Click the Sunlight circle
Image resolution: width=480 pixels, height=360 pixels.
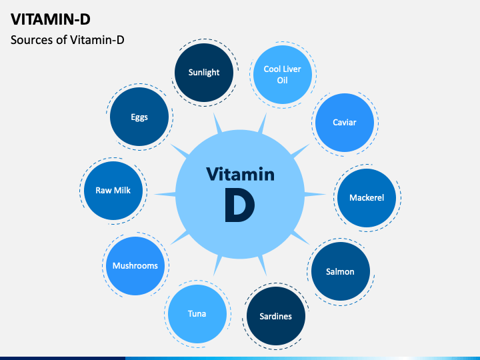click(204, 73)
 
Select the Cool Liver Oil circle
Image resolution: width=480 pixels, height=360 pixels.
click(283, 75)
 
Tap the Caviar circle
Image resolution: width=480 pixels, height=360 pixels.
click(345, 123)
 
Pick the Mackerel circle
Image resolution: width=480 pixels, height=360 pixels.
click(367, 198)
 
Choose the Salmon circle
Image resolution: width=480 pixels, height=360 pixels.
click(341, 271)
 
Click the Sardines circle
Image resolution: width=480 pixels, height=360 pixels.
click(276, 316)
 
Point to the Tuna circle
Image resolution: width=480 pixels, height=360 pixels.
click(197, 314)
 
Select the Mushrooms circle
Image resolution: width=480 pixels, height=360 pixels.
click(135, 266)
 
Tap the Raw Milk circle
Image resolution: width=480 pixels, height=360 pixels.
click(113, 191)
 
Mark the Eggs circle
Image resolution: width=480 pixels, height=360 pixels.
click(139, 117)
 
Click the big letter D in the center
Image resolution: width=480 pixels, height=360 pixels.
click(240, 205)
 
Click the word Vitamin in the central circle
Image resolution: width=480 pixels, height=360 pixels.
click(240, 174)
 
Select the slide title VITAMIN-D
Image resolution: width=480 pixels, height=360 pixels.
click(51, 19)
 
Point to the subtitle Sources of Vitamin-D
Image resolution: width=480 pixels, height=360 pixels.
click(67, 40)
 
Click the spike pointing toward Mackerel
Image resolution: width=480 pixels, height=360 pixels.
click(315, 194)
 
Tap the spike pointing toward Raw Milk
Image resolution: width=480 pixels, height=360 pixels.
click(165, 194)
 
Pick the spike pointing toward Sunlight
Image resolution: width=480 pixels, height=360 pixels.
click(217, 123)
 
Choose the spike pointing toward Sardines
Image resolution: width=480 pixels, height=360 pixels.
click(263, 265)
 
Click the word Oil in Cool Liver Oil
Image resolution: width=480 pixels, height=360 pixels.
click(282, 80)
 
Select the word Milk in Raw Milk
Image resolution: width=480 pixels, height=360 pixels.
click(122, 191)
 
